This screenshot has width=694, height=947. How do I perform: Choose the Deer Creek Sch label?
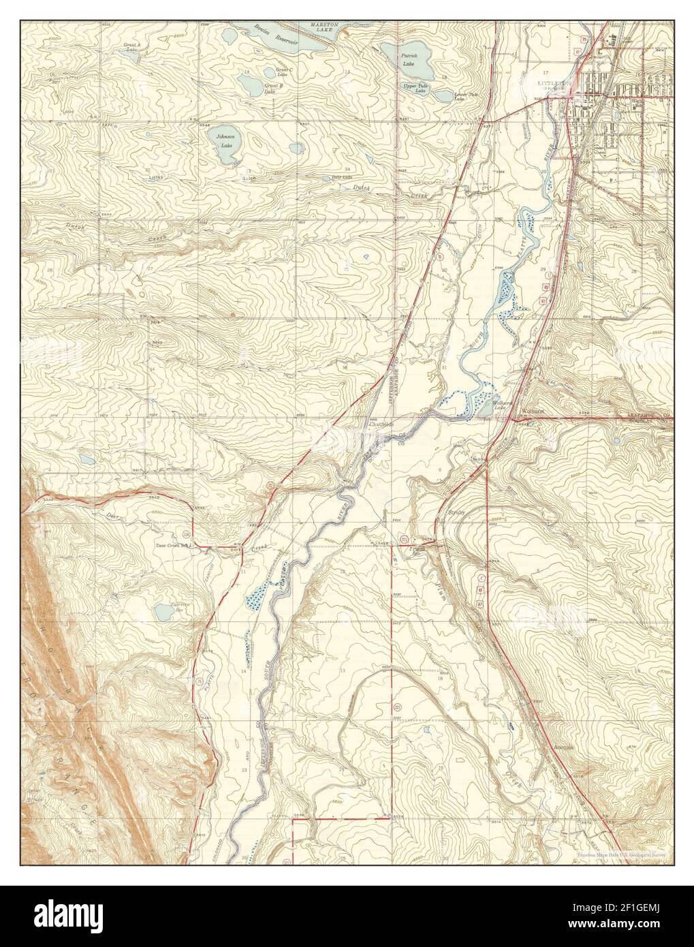pyautogui.click(x=172, y=545)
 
